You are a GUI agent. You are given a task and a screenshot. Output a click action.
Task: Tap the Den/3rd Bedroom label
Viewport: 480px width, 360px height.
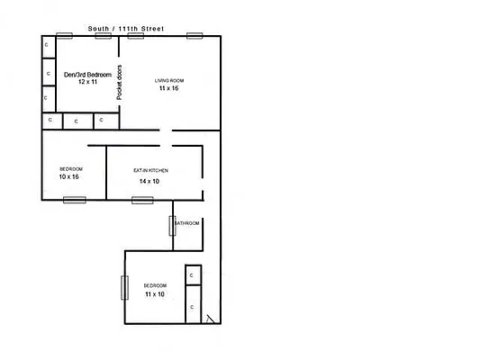coord(87,74)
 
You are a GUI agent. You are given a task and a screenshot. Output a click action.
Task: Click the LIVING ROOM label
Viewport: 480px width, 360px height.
coord(169,81)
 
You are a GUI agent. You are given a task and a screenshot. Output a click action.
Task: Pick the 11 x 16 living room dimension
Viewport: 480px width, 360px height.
coord(169,89)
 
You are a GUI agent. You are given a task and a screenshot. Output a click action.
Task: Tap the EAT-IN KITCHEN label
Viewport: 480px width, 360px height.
coord(150,170)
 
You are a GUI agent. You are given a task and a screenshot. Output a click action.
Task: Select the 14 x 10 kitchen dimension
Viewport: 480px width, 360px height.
coord(149,181)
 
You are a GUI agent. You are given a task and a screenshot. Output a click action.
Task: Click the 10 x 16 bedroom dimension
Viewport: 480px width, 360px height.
coord(69,177)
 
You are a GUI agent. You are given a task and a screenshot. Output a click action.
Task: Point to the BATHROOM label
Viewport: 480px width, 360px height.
coord(186,223)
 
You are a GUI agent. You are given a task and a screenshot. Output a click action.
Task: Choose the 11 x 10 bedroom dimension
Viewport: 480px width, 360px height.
coord(154,294)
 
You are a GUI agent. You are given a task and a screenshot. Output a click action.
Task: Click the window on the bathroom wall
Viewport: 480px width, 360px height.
coord(172,225)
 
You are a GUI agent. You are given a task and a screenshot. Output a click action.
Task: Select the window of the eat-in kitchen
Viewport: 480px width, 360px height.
coord(142,199)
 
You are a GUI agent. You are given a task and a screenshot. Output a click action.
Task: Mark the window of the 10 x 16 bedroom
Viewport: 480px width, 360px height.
coord(74,199)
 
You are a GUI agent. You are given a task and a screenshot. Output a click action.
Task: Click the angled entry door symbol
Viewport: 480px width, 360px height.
coord(210,319)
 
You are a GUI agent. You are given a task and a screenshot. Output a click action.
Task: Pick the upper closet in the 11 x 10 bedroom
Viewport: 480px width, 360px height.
coord(192,275)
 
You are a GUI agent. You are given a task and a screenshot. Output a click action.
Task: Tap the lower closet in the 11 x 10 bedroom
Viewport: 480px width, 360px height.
coord(192,307)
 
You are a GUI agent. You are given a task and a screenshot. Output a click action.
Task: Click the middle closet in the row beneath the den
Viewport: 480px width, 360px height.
coord(76,120)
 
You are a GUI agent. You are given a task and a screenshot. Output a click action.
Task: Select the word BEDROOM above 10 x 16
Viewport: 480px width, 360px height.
coord(71,169)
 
